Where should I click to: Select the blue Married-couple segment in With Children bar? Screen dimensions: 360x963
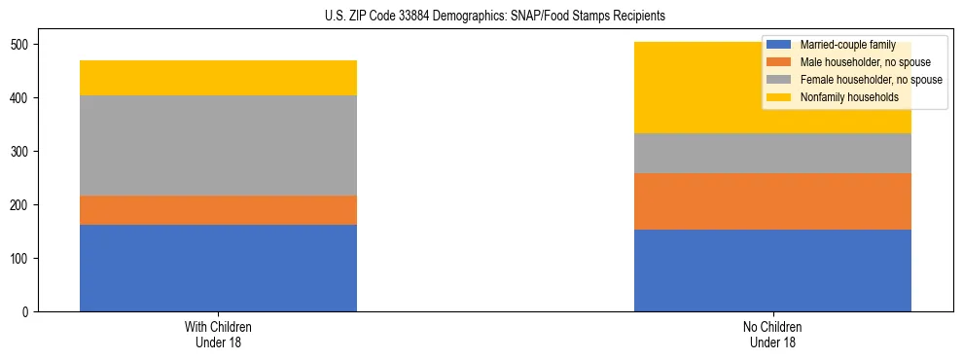click(218, 268)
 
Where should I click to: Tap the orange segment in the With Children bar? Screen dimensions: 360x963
click(218, 210)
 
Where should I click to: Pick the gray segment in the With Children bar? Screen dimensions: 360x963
click(218, 146)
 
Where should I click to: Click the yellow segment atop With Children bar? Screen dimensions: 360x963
click(218, 78)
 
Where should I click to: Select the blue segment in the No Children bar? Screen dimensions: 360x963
click(772, 270)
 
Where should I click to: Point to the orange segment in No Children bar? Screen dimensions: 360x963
click(772, 201)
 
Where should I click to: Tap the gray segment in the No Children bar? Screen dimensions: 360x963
click(772, 153)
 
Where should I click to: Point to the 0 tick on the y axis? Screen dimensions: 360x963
click(27, 312)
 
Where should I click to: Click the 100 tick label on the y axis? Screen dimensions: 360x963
click(21, 259)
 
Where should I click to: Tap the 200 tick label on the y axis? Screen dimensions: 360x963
click(21, 205)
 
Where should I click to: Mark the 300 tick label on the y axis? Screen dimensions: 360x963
click(21, 152)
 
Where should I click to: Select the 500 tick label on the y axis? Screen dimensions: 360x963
click(21, 45)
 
